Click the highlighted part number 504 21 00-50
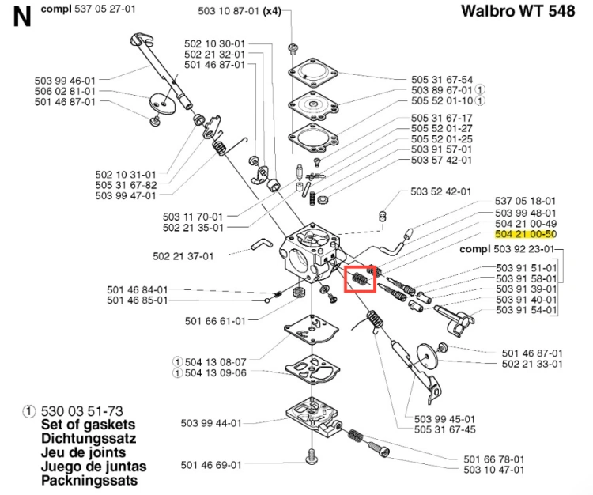[526, 234]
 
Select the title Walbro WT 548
[518, 11]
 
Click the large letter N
[22, 17]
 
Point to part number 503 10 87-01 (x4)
[240, 11]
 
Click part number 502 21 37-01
[183, 256]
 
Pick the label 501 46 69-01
[211, 465]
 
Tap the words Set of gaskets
[88, 425]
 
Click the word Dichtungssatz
[89, 439]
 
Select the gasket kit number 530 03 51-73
[81, 411]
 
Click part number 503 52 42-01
[441, 191]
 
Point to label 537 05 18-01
[525, 201]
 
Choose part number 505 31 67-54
[442, 80]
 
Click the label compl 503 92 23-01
[507, 249]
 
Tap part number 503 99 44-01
[211, 423]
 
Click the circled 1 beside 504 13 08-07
[177, 362]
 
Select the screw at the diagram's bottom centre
[312, 455]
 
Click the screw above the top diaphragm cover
[293, 49]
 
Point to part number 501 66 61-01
[215, 321]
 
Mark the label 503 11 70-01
[193, 217]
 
